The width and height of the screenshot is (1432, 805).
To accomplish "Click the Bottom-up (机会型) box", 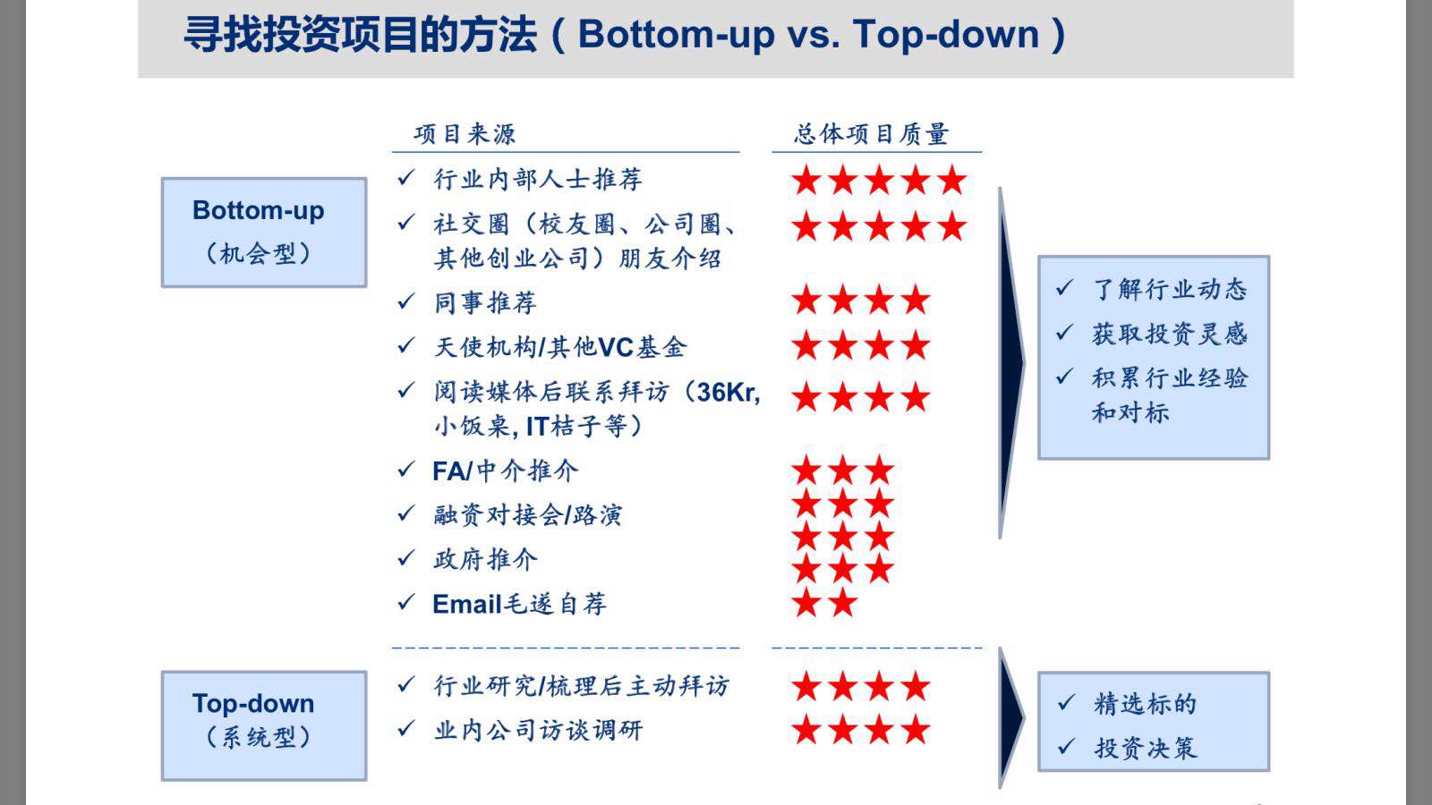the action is pyautogui.click(x=264, y=233).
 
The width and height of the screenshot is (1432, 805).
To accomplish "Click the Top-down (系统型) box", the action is pyautogui.click(x=264, y=725).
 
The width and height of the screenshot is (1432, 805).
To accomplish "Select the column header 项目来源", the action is pyautogui.click(x=465, y=134).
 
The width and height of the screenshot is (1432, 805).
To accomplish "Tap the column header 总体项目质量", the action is pyautogui.click(x=872, y=134).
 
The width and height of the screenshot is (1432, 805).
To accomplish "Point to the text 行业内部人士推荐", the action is pyautogui.click(x=538, y=179).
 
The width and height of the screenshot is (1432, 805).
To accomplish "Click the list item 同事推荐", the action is pyautogui.click(x=485, y=302).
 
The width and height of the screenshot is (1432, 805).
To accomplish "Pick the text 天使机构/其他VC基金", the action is pyautogui.click(x=560, y=347).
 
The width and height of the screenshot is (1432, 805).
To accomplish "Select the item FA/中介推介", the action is pyautogui.click(x=505, y=470).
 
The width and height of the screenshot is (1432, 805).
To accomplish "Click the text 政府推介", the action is pyautogui.click(x=485, y=559).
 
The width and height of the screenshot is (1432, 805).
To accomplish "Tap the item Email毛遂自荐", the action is pyautogui.click(x=519, y=604).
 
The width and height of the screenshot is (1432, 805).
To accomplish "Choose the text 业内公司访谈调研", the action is pyautogui.click(x=538, y=730).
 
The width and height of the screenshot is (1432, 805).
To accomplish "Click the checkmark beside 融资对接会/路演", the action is pyautogui.click(x=406, y=513).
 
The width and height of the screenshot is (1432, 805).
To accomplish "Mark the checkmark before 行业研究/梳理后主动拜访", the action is pyautogui.click(x=406, y=684).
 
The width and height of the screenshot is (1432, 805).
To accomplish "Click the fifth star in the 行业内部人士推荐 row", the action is pyautogui.click(x=952, y=180).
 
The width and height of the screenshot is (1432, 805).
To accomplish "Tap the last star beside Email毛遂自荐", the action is pyautogui.click(x=842, y=603).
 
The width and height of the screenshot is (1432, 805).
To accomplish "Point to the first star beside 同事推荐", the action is pyautogui.click(x=806, y=300).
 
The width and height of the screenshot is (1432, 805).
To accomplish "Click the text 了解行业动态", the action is pyautogui.click(x=1170, y=290).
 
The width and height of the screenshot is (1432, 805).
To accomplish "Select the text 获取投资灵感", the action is pyautogui.click(x=1170, y=334).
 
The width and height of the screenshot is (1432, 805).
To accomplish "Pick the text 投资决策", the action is pyautogui.click(x=1145, y=748).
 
